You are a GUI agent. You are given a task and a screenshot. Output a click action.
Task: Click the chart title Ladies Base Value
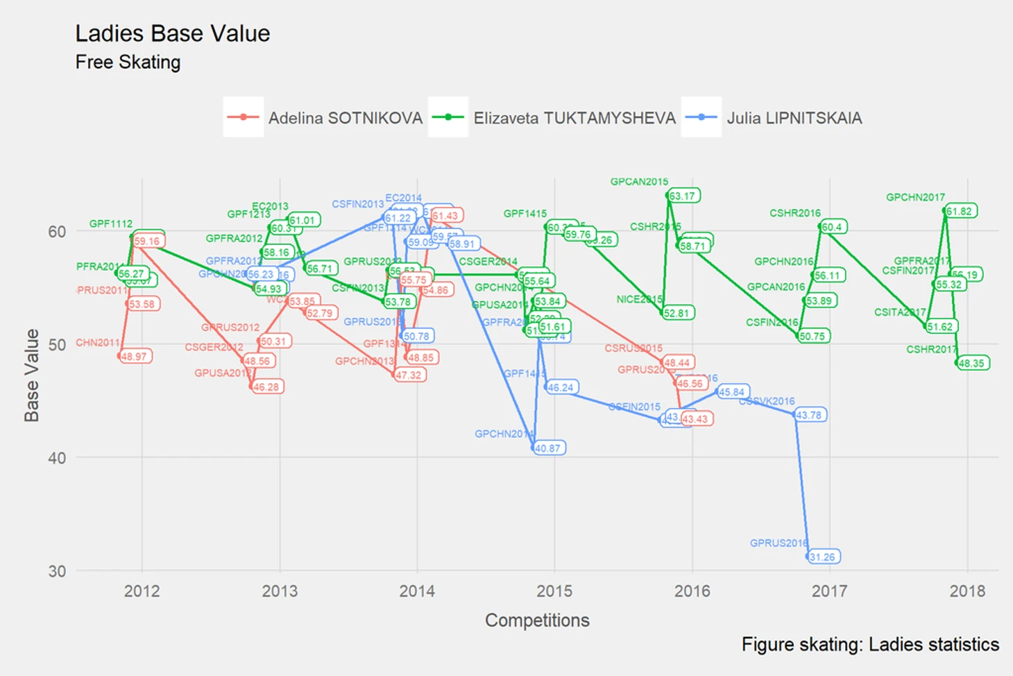(x=172, y=33)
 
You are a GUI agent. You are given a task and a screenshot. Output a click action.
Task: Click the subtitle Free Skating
(x=128, y=62)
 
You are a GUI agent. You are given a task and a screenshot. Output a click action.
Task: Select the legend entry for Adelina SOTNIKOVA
(x=345, y=118)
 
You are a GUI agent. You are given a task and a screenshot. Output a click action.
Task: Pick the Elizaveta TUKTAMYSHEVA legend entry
(x=574, y=118)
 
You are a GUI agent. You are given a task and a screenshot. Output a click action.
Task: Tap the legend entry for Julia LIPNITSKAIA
(x=794, y=118)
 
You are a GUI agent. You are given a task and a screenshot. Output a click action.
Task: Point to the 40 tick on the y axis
(x=57, y=458)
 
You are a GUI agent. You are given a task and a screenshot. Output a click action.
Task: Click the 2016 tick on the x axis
(x=692, y=591)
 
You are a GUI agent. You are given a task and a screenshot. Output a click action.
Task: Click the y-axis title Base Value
(x=32, y=375)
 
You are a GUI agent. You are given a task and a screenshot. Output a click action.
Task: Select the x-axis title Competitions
(x=537, y=620)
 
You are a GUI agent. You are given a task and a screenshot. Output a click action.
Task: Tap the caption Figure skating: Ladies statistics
(x=870, y=644)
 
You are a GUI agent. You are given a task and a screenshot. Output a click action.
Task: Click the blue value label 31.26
(x=823, y=557)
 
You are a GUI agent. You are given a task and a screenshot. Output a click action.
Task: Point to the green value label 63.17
(x=683, y=196)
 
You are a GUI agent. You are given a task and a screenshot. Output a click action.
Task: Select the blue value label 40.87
(x=548, y=448)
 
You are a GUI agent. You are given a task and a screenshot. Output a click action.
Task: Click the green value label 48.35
(x=972, y=363)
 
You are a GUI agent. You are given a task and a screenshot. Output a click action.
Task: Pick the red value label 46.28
(x=266, y=387)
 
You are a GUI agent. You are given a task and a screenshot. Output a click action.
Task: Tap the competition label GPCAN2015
(x=639, y=182)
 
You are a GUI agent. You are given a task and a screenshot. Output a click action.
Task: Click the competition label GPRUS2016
(x=778, y=543)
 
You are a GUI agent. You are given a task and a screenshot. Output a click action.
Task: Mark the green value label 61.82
(x=960, y=211)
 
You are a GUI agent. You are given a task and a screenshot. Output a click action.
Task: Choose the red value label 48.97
(x=135, y=356)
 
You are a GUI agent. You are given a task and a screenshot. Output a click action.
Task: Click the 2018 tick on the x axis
(x=967, y=591)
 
